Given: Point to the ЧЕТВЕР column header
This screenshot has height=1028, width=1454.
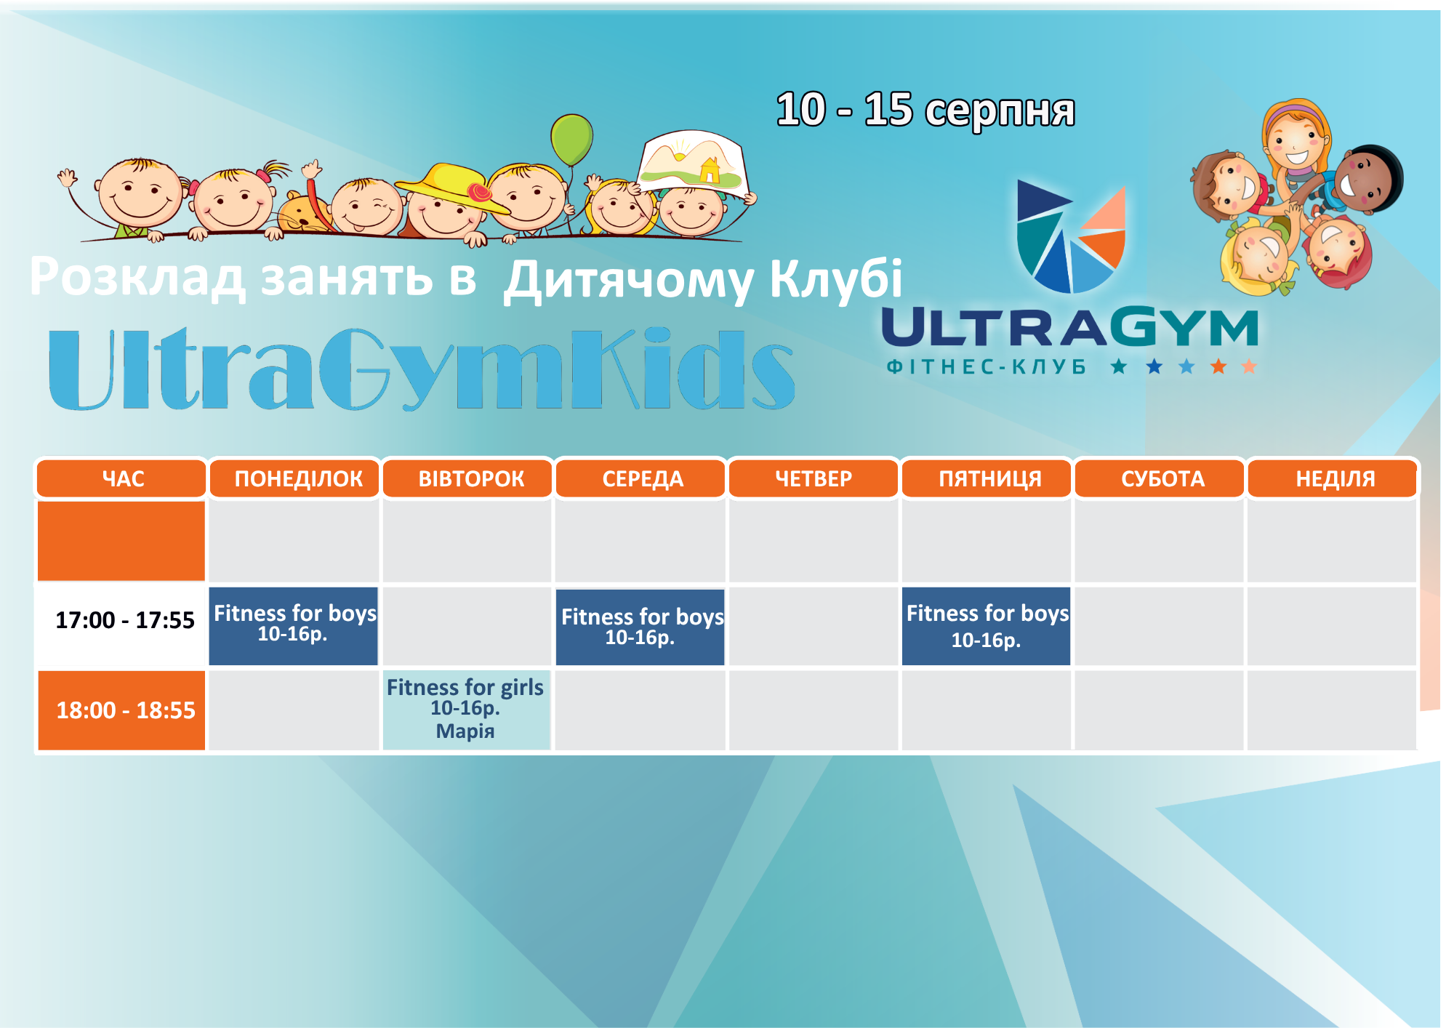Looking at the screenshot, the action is pyautogui.click(x=814, y=478).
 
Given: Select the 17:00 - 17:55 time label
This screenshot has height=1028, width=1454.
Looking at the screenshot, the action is pyautogui.click(x=125, y=620).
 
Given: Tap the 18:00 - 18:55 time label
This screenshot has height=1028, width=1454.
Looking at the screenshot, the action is pyautogui.click(x=126, y=710).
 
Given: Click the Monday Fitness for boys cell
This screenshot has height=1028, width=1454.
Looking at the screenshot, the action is pyautogui.click(x=294, y=626).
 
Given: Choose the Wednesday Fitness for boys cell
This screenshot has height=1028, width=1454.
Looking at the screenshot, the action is pyautogui.click(x=640, y=627).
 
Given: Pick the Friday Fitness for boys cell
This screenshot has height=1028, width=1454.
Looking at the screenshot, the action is pyautogui.click(x=987, y=626).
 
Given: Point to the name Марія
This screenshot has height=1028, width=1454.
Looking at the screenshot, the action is pyautogui.click(x=465, y=731).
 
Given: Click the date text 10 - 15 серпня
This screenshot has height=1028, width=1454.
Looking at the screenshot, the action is pyautogui.click(x=925, y=111).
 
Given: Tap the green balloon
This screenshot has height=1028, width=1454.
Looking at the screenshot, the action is pyautogui.click(x=571, y=140).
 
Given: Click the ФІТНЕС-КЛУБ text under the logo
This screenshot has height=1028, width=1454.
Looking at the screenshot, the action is pyautogui.click(x=987, y=366).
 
